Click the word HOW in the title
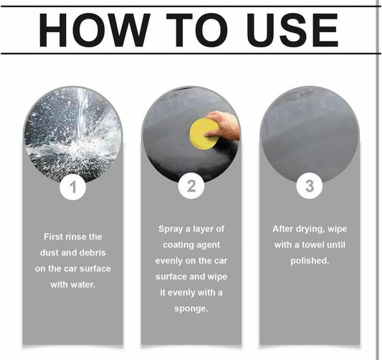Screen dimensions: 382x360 point(95,29)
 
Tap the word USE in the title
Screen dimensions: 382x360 point(292,29)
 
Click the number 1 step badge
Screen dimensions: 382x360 point(72,187)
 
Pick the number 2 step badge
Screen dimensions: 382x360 point(191,186)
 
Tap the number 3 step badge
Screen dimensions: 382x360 point(310,186)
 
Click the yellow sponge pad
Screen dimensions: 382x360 point(204,133)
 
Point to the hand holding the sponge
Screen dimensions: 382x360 point(224,125)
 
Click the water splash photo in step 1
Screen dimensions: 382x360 point(72,135)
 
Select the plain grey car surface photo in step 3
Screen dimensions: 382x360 point(310,135)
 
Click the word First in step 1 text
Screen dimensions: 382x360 point(52,237)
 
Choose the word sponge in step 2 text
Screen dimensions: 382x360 point(191,309)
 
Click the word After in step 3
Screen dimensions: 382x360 point(282,229)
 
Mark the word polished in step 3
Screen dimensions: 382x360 point(310,261)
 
